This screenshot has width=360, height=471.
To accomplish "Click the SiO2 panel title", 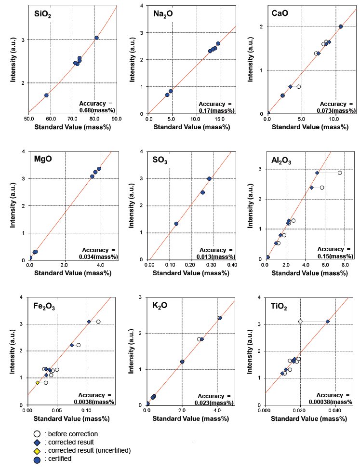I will coord(43,15).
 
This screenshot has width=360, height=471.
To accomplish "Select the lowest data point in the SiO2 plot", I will coord(46,95).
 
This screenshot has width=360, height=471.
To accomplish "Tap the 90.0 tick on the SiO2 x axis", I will coord(116,118).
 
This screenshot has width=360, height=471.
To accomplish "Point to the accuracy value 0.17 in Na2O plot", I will coord(209,110).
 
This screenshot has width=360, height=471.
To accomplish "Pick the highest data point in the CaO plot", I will coord(341,27).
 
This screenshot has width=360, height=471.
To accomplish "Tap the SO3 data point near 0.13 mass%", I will coord(176,224).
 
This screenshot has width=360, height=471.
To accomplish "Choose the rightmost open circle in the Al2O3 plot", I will coord(340,173).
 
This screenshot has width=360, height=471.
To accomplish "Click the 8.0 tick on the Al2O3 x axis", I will coord(347,264).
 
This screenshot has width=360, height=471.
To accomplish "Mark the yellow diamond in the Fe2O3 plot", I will coord(38,383).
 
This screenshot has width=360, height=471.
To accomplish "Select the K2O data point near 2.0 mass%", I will coord(182,362).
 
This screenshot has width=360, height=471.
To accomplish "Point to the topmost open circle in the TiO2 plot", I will coord(300,322).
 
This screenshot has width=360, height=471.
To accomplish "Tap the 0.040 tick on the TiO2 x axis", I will coord(334,410).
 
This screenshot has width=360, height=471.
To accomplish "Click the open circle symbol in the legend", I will coord(37,433).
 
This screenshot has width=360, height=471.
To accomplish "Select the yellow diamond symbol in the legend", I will coord(37,450).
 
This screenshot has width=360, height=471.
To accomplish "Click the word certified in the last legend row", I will coord(58,458).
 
